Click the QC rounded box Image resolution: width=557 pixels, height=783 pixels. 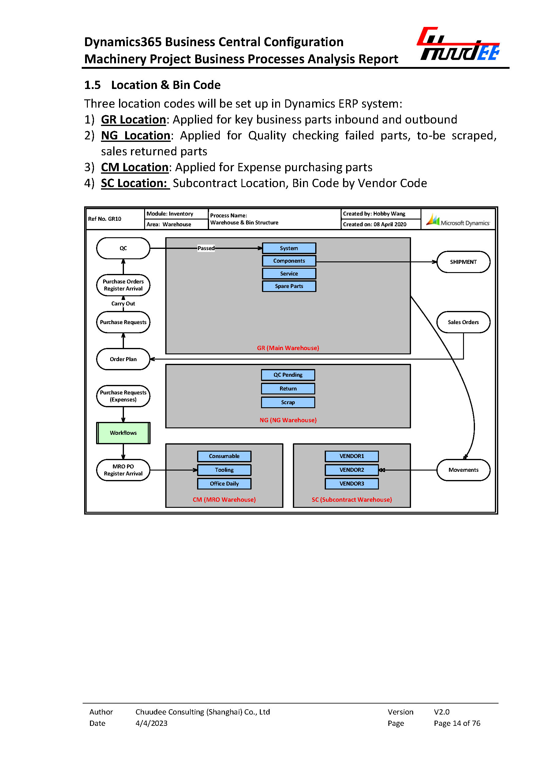tap(123, 248)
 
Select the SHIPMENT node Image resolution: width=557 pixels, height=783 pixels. tap(463, 262)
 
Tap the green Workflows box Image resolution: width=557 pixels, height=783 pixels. tap(123, 433)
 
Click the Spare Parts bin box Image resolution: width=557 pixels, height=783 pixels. tap(289, 286)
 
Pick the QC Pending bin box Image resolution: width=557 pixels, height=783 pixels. tap(288, 375)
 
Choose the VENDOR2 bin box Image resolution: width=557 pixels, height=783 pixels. tap(352, 470)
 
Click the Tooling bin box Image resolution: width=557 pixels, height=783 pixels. tap(224, 470)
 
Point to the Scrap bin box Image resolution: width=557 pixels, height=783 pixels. tap(288, 402)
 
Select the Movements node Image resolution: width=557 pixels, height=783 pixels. tap(463, 470)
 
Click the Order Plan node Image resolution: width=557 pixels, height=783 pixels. tap(123, 359)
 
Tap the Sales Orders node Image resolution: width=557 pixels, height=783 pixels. tap(463, 322)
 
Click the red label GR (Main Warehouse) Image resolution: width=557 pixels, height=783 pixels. tap(288, 348)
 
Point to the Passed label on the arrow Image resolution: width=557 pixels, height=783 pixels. tap(206, 248)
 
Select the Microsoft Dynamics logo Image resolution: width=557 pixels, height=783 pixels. tap(458, 220)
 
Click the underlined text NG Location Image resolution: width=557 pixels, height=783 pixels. tap(136, 136)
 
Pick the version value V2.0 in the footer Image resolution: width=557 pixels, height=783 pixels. tap(441, 712)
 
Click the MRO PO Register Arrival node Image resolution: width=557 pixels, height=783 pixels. tap(123, 470)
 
